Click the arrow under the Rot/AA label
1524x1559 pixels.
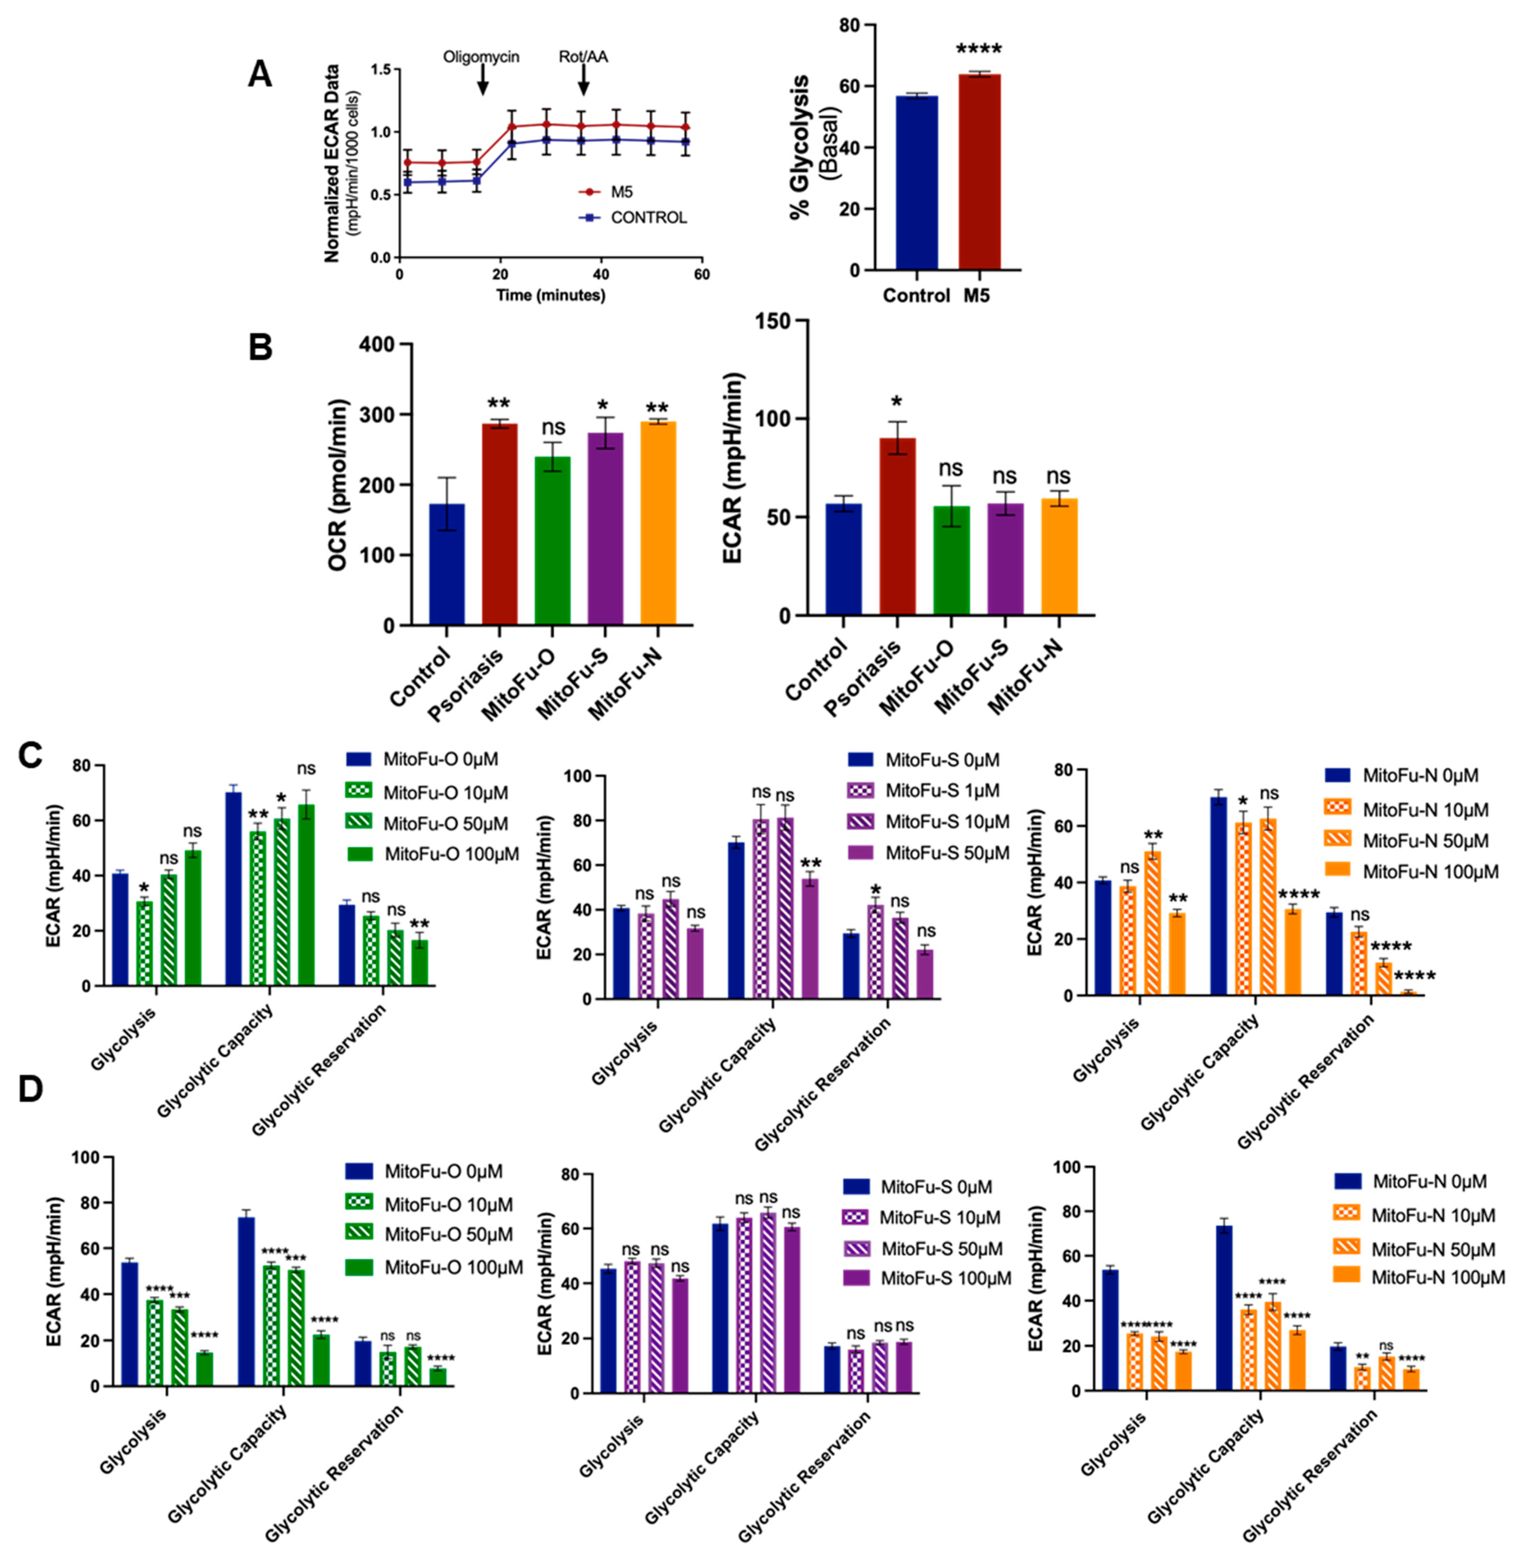[x=583, y=80]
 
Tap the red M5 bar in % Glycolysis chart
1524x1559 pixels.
[x=980, y=171]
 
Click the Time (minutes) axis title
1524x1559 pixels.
[x=551, y=295]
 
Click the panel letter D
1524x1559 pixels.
[x=30, y=1090]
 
